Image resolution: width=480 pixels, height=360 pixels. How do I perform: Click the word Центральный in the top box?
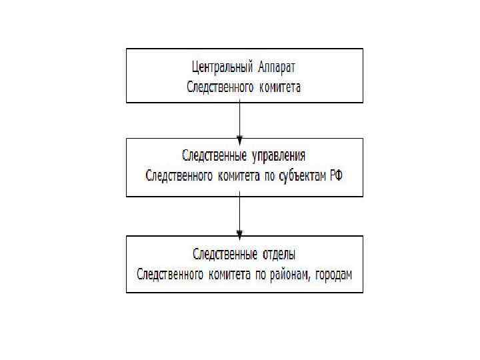tap(217, 68)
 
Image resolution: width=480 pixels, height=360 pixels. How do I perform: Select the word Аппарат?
tap(275, 68)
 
